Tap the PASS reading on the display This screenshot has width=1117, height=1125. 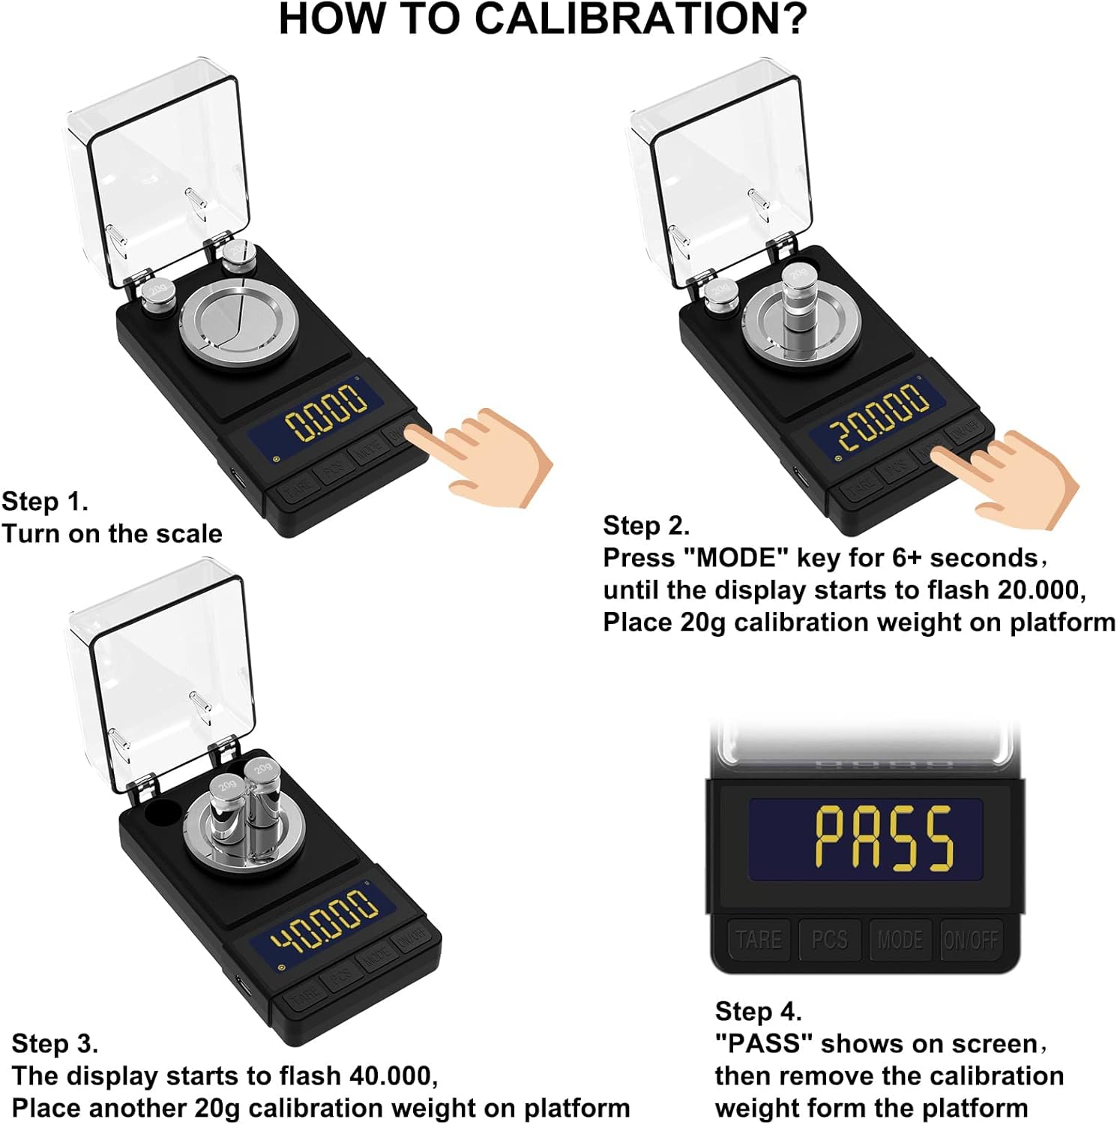(884, 838)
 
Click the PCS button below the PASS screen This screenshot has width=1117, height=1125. (829, 940)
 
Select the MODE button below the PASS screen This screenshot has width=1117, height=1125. (900, 940)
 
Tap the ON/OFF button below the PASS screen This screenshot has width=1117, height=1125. (971, 940)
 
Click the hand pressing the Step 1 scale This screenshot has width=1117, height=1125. (479, 455)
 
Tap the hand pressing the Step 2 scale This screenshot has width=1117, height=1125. (1006, 478)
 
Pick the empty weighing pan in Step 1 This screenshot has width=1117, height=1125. (238, 319)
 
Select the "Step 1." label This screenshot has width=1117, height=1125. (45, 501)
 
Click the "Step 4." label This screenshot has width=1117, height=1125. (758, 1011)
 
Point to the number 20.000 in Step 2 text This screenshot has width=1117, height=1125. (1042, 590)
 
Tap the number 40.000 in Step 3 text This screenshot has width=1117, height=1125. (394, 1075)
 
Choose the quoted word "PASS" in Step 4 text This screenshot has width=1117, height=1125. (764, 1043)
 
